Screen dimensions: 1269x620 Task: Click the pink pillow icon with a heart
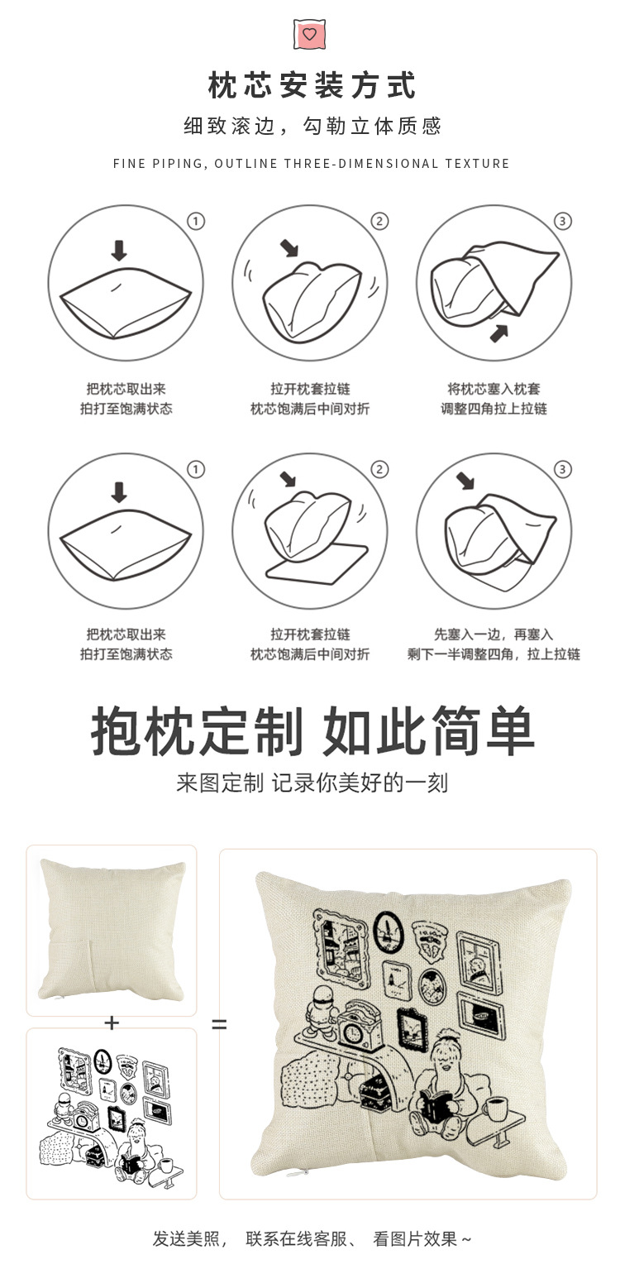point(309,34)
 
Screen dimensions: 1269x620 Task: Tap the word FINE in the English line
point(130,164)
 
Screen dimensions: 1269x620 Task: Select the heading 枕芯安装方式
point(311,86)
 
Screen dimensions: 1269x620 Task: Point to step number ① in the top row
point(196,221)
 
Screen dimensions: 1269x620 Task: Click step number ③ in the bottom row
point(562,470)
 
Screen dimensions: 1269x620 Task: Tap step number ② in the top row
point(379,221)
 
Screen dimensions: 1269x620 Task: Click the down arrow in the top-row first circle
point(119,251)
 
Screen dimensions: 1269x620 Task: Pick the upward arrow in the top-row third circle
point(498,333)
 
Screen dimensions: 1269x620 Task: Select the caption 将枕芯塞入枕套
point(494,389)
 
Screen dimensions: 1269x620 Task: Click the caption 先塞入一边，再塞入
point(494,634)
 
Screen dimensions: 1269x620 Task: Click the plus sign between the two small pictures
point(112,1023)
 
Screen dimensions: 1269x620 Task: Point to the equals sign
point(218,1024)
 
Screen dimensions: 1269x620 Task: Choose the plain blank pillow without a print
point(112,930)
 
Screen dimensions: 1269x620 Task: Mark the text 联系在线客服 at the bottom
point(301,1238)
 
